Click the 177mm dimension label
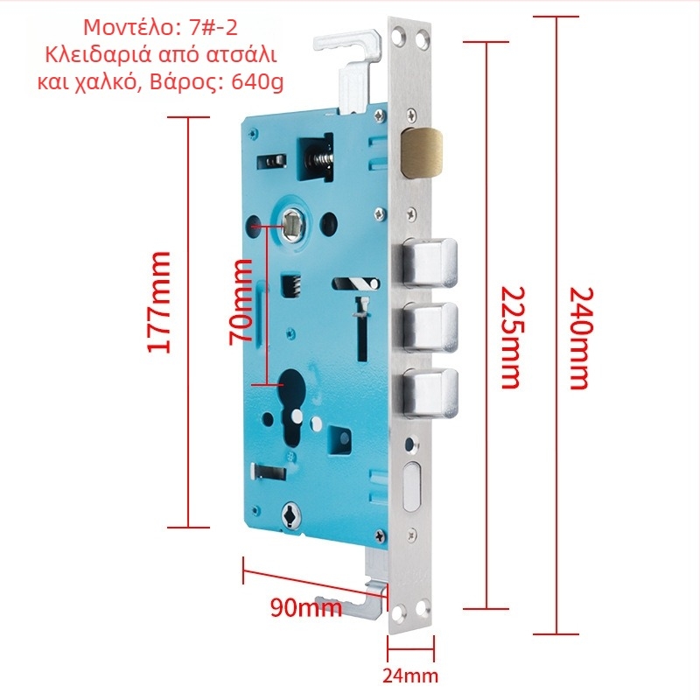pos(159,303)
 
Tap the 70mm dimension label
pos(241,303)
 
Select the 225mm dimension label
pos(512,338)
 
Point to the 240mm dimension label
pos(582,339)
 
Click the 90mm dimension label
pos(306,607)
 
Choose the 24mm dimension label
pos(410,675)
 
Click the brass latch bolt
pos(422,152)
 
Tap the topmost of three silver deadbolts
pos(430,263)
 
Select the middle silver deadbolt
pos(430,327)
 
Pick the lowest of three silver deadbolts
pos(430,394)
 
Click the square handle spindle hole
pos(292,225)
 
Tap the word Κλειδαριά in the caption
pos(96,55)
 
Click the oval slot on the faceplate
pos(411,486)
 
